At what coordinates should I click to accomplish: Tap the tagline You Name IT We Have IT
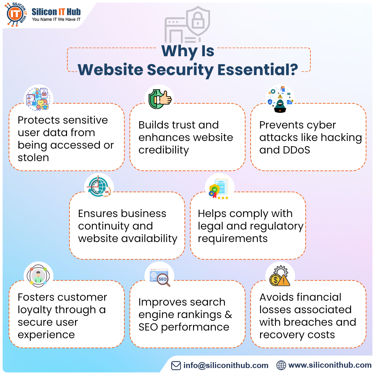(56, 19)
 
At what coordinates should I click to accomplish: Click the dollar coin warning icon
(280, 277)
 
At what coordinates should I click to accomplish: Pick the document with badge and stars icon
(219, 188)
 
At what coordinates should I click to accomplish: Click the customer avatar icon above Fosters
(38, 276)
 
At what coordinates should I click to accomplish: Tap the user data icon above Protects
(38, 99)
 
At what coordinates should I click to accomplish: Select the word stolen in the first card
(33, 158)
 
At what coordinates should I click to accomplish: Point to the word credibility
(164, 150)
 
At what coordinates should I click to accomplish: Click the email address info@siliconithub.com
(226, 365)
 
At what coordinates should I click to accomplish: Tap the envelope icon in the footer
(176, 365)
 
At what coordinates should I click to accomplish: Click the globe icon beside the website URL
(281, 365)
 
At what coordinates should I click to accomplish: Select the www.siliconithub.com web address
(330, 365)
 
